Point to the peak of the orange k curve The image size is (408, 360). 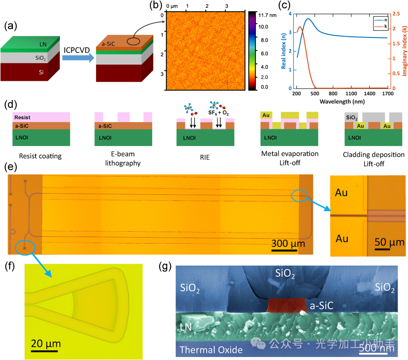pos(300,27)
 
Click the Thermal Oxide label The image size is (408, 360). pos(211,350)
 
